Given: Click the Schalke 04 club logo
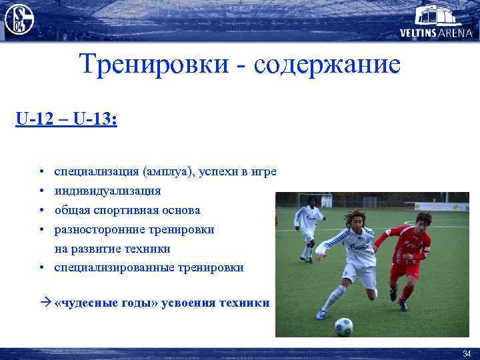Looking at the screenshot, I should (x=19, y=19).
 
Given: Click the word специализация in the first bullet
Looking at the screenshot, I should (x=95, y=171).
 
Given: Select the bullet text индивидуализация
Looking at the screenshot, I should (x=107, y=191).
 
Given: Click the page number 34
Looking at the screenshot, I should (x=466, y=353).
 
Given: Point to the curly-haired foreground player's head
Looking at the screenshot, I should (x=356, y=221).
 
